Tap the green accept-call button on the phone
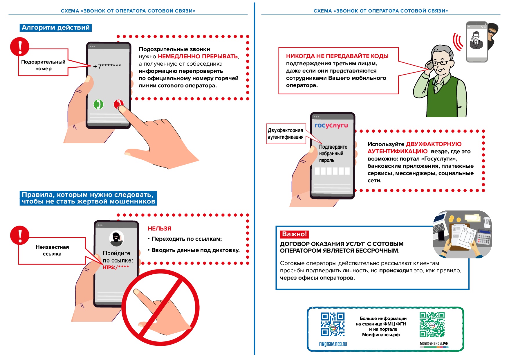[x=98, y=104]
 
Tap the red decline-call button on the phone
[x=118, y=104]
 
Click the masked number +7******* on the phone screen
[x=107, y=66]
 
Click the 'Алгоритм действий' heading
[x=56, y=28]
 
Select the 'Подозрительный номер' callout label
[x=43, y=65]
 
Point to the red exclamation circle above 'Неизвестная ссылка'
[x=20, y=235]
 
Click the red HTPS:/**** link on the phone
[x=116, y=267]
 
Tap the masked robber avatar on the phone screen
[x=117, y=238]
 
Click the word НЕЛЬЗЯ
[x=159, y=228]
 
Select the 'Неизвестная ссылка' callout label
[x=52, y=250]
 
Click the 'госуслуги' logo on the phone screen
[x=331, y=125]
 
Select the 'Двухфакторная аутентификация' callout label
[x=285, y=134]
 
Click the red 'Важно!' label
[x=294, y=234]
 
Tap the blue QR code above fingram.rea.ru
[x=333, y=324]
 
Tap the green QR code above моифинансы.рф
[x=432, y=325]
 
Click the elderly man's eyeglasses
[x=441, y=62]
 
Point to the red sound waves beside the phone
[x=458, y=42]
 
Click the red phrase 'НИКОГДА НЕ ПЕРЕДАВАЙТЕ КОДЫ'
[x=337, y=56]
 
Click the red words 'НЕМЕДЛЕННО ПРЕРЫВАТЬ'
[x=198, y=56]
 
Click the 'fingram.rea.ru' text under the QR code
[x=333, y=344]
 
